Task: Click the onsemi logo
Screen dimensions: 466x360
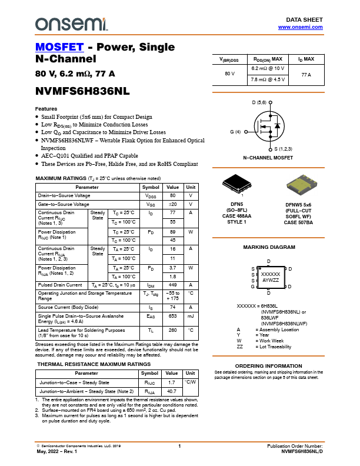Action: click(x=71, y=24)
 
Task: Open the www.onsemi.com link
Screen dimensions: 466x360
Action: click(x=300, y=27)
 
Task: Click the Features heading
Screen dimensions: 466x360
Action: click(x=46, y=109)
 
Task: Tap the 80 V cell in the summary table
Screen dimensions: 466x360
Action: click(x=229, y=74)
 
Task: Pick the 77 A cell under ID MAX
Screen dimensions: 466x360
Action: click(x=306, y=74)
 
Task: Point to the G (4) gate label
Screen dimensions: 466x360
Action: click(x=235, y=132)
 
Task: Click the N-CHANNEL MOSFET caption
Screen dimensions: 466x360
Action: click(x=268, y=158)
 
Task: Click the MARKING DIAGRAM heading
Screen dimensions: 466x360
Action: click(x=269, y=248)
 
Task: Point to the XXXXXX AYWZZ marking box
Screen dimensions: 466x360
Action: click(x=270, y=278)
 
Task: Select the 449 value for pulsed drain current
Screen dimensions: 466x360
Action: click(x=173, y=285)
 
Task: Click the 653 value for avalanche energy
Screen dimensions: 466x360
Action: click(x=173, y=316)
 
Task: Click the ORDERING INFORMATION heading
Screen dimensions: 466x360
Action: click(x=268, y=366)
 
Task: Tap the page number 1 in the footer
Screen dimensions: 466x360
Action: click(x=179, y=447)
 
